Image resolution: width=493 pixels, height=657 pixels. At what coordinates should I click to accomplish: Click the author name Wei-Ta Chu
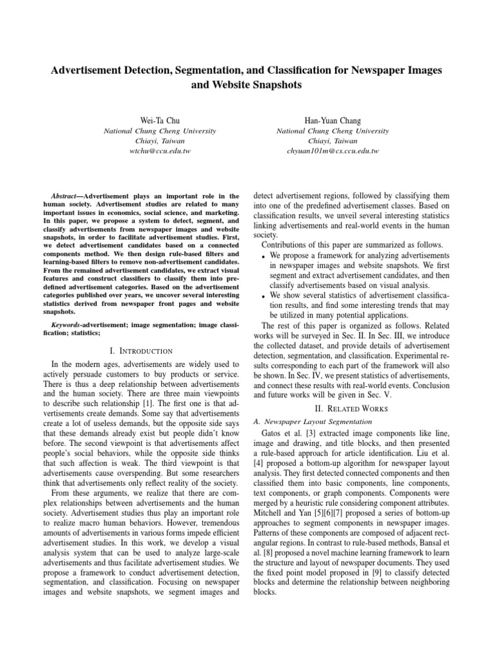[160, 120]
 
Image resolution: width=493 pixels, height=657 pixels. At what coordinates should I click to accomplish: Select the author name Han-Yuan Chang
[333, 120]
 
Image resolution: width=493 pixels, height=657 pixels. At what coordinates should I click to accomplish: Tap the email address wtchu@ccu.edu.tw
[160, 151]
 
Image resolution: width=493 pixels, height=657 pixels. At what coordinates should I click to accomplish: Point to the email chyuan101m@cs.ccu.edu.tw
[333, 151]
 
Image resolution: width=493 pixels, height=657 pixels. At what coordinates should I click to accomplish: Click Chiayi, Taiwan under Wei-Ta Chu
[160, 141]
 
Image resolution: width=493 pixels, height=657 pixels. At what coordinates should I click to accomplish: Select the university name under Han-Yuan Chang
[333, 131]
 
